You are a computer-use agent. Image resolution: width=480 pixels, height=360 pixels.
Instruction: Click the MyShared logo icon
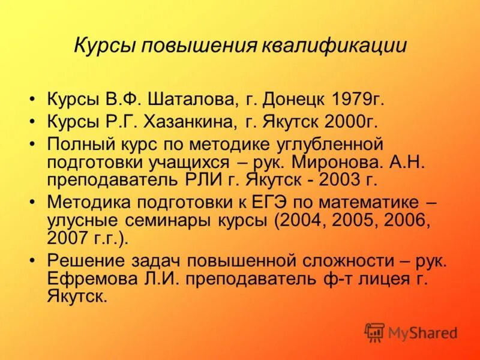(x=375, y=332)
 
